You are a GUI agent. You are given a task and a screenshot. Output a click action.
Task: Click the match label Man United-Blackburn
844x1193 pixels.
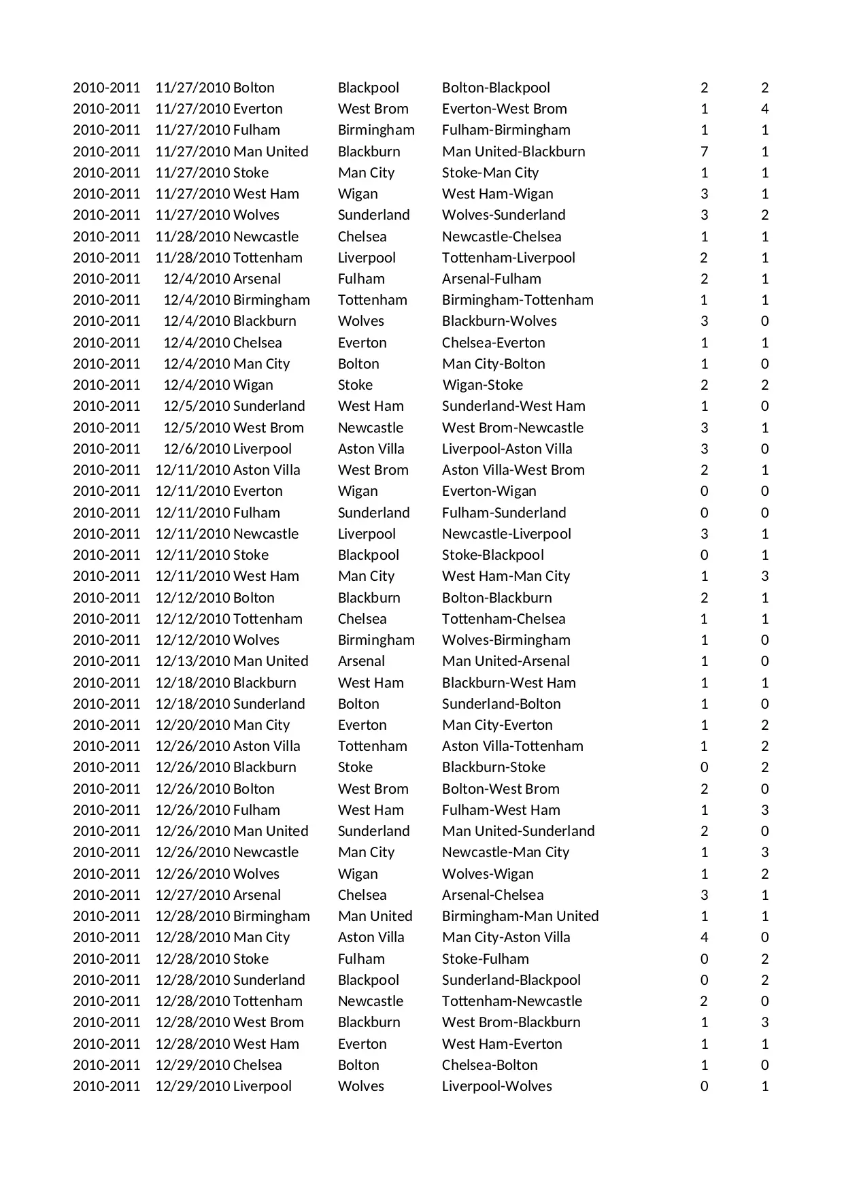[x=513, y=152]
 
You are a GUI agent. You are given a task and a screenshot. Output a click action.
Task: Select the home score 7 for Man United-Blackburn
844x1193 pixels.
[x=704, y=152]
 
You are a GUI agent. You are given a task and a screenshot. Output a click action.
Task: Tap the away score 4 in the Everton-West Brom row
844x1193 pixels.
[x=764, y=109]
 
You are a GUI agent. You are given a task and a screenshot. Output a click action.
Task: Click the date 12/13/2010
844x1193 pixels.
[x=193, y=661]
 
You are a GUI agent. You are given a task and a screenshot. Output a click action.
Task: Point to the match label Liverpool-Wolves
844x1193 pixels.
[x=496, y=1086]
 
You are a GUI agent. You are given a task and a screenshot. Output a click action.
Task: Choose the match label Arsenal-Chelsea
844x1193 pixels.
[x=492, y=895]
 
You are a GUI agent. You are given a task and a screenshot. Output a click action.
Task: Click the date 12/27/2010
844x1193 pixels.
[x=193, y=895]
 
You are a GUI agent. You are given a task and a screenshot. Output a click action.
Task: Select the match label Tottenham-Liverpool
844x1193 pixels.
[x=508, y=258]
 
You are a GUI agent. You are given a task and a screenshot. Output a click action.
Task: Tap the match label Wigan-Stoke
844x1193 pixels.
[x=482, y=385]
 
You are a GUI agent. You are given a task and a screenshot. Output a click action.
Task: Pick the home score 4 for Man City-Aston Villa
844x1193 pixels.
[x=704, y=937]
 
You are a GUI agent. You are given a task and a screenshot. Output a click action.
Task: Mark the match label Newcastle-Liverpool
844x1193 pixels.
[x=506, y=534]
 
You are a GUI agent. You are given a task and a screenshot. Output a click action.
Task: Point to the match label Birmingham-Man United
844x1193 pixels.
[x=520, y=916]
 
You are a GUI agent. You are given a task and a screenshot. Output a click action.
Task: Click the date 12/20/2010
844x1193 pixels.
[x=193, y=725]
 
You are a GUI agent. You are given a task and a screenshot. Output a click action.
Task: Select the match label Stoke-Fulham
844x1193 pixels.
[x=485, y=959]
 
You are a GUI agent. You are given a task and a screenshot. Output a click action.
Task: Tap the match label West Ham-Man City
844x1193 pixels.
[x=505, y=576]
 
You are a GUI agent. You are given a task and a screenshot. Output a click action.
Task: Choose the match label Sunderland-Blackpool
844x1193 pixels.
[x=511, y=980]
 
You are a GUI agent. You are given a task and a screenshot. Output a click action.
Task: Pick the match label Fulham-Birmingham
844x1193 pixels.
[x=506, y=130]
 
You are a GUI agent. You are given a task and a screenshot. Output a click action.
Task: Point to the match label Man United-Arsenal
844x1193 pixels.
[x=505, y=661]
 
